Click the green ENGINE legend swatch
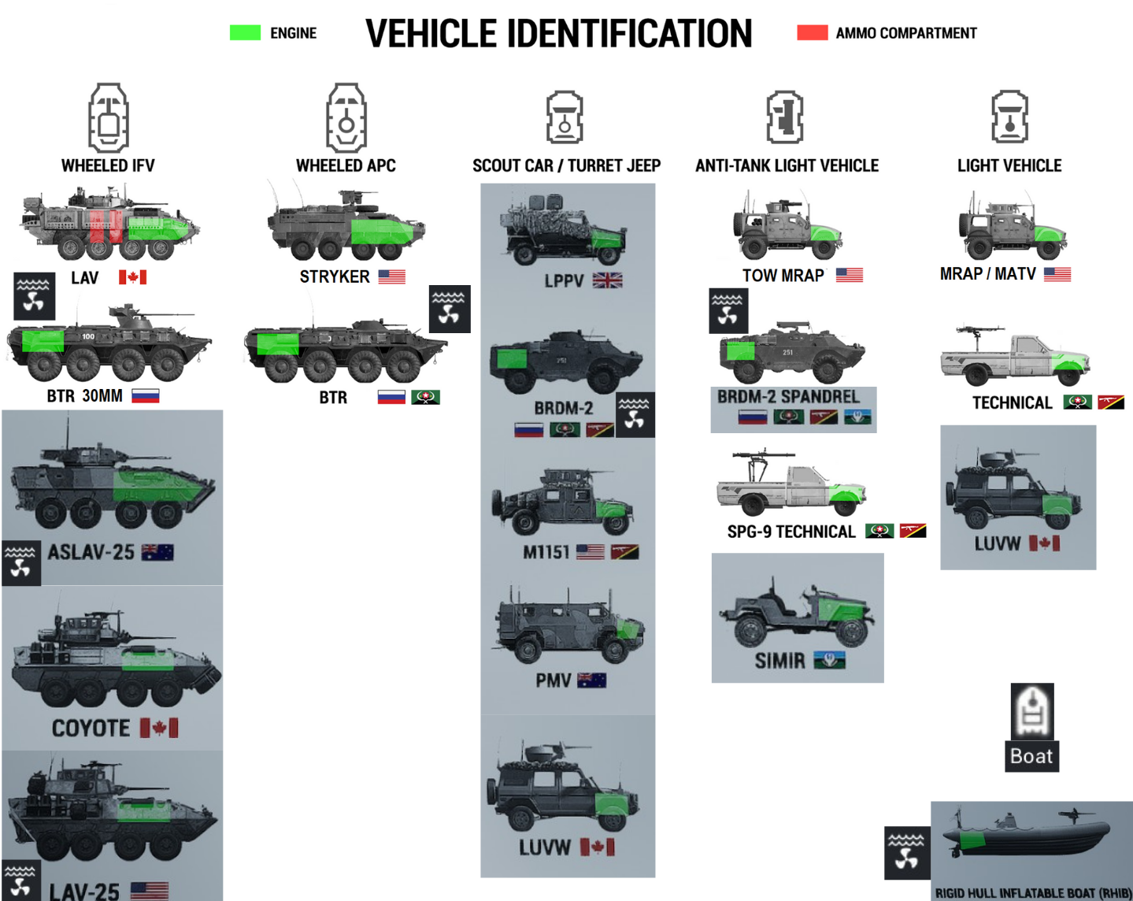(245, 33)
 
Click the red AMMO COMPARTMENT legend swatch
(812, 33)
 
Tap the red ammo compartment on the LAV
(106, 225)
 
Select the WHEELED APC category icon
(346, 118)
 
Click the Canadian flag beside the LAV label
(132, 277)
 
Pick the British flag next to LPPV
(607, 280)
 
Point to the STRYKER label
(335, 277)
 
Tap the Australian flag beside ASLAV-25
(157, 552)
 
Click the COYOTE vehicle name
(91, 729)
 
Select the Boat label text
(1031, 756)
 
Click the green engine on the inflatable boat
(972, 841)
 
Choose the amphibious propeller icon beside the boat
(906, 852)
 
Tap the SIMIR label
(779, 661)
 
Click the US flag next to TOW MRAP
(849, 275)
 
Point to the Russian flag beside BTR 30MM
(145, 396)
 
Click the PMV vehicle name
(553, 680)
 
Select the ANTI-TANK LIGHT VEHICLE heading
(787, 166)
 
